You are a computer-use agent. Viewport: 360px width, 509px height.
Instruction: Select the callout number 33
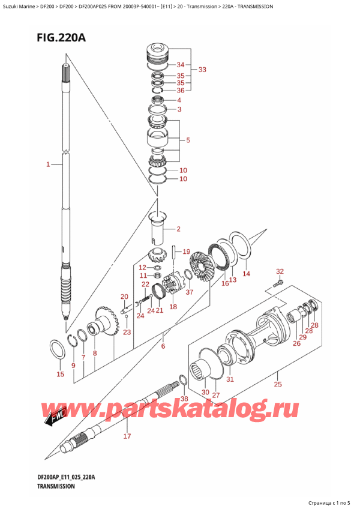pyautogui.click(x=202, y=70)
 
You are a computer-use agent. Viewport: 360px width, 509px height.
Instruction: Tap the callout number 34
pyautogui.click(x=180, y=64)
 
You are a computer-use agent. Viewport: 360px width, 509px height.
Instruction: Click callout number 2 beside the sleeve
pyautogui.click(x=178, y=229)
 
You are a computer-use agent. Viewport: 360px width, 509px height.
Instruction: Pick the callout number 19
pyautogui.click(x=186, y=251)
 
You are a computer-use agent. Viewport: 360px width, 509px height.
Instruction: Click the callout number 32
pyautogui.click(x=280, y=271)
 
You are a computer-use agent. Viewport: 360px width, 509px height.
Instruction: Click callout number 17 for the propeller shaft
pyautogui.click(x=127, y=436)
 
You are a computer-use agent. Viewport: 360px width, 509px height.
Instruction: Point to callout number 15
pyautogui.click(x=59, y=375)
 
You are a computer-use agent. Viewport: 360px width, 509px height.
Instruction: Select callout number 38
pyautogui.click(x=184, y=399)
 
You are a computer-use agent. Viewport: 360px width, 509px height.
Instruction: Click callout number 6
pyautogui.click(x=163, y=346)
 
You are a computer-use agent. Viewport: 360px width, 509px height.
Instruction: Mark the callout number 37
pyautogui.click(x=190, y=292)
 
